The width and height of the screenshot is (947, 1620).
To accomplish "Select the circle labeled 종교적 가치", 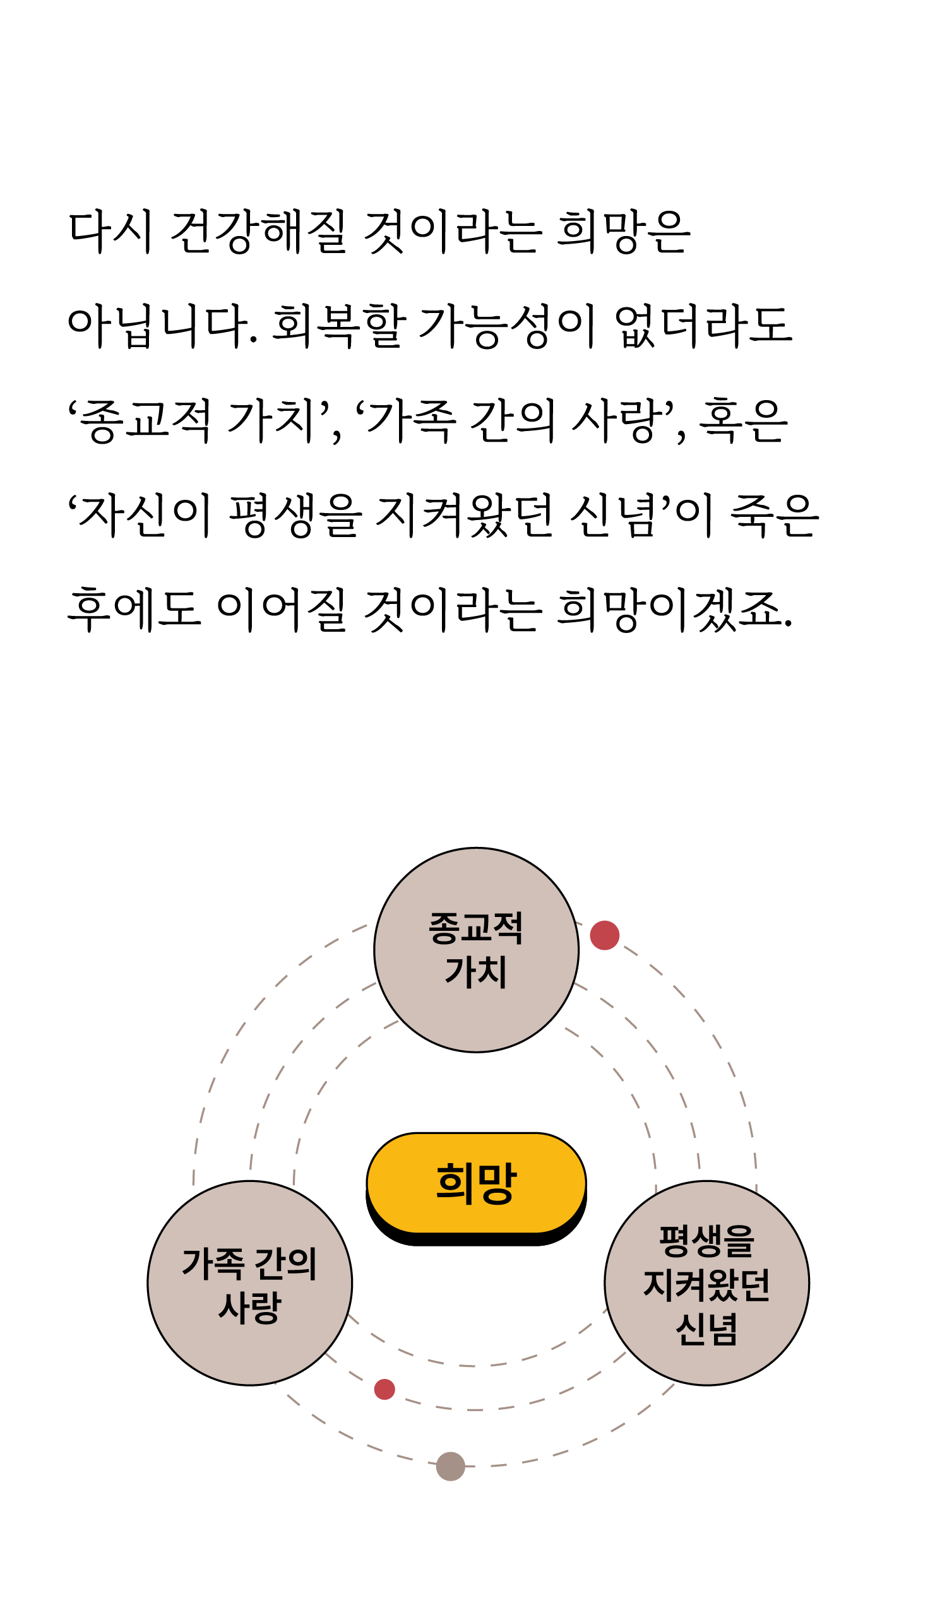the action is click(476, 950).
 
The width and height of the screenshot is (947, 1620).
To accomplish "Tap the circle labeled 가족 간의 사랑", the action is click(249, 1284).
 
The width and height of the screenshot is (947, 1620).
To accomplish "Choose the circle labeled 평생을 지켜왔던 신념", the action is click(706, 1284).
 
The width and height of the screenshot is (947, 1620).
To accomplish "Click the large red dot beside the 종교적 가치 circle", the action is click(604, 935).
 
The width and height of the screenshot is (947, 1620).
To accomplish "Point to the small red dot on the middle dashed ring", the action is click(384, 1389).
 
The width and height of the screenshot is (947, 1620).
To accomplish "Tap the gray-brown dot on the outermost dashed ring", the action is click(450, 1467).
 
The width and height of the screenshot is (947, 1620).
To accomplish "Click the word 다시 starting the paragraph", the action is click(110, 232).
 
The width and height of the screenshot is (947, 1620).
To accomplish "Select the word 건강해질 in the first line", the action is click(258, 232).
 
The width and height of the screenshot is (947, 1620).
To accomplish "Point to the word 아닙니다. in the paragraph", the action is click(162, 326).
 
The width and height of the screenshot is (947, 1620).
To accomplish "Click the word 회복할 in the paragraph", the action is click(338, 326).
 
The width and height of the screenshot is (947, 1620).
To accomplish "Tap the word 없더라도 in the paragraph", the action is click(703, 326).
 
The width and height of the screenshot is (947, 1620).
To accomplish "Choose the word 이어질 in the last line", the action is click(281, 610).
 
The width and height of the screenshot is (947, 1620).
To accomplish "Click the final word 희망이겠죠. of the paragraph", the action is click(674, 610).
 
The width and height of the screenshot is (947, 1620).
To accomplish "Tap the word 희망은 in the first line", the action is click(623, 232).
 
